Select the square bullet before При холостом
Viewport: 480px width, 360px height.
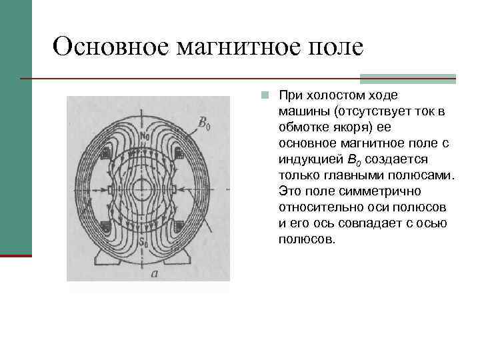click(x=265, y=95)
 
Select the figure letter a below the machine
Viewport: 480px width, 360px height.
click(x=155, y=273)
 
